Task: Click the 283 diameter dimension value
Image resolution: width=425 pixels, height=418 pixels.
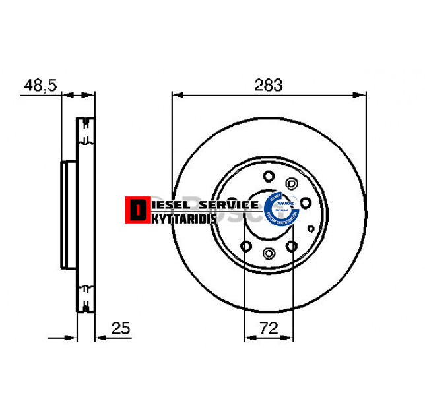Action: tap(269, 84)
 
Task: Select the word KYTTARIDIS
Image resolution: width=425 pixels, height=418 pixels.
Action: tap(181, 218)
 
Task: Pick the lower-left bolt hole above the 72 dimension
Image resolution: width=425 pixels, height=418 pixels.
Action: tap(245, 246)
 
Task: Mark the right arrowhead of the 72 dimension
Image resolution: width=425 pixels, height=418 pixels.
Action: tap(288, 338)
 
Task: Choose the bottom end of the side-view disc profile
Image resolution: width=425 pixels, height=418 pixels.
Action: tap(86, 310)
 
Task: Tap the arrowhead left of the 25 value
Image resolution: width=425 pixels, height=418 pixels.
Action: tap(100, 338)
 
